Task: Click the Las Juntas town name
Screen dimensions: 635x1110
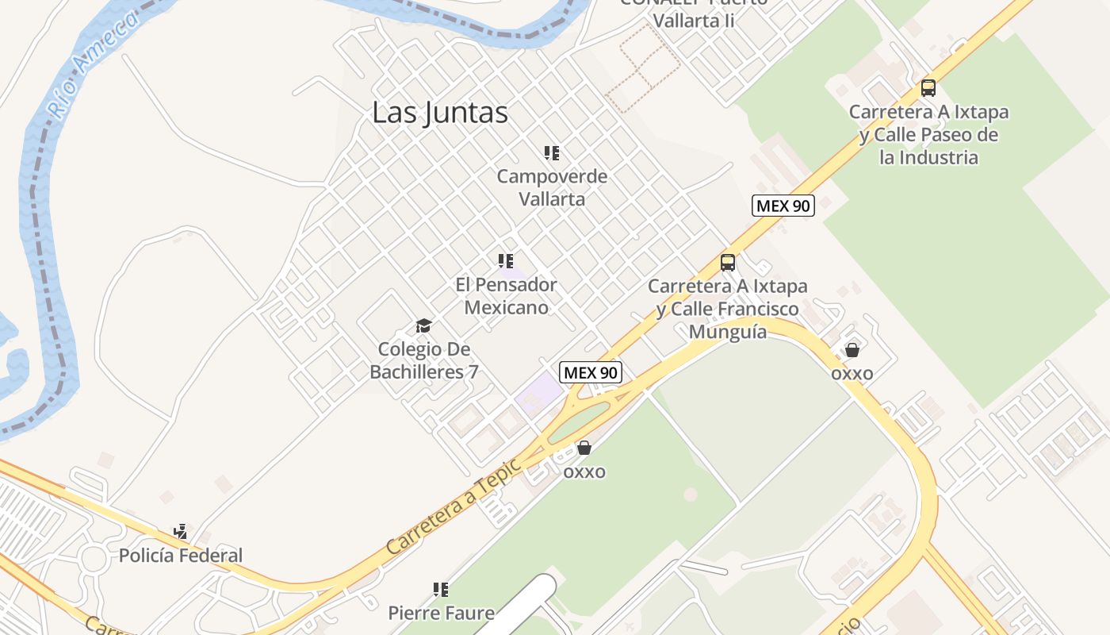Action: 440,113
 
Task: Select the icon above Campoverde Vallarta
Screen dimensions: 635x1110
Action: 552,153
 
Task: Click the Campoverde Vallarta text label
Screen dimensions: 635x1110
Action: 552,187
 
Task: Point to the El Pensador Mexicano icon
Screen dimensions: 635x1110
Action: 506,261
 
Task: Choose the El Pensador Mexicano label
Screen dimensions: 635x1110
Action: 506,295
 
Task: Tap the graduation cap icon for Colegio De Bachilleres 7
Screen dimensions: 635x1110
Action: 423,325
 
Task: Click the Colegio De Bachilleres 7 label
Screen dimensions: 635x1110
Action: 424,360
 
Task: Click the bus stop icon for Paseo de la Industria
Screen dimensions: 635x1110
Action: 928,88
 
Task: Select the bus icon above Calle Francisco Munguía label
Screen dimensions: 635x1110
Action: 728,263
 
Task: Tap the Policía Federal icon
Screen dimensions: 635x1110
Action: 181,532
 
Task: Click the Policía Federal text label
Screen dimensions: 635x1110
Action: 181,556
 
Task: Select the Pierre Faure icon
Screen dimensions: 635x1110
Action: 441,590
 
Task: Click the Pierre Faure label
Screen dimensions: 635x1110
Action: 441,613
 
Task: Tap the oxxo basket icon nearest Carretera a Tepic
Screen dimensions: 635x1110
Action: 584,448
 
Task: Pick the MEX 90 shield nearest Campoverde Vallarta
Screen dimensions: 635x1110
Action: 783,206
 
